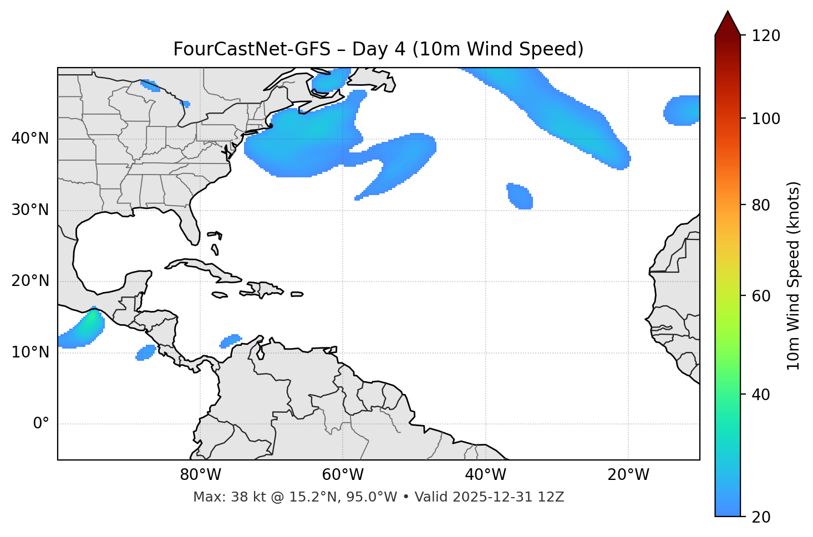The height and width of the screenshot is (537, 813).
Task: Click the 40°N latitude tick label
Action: (x=30, y=139)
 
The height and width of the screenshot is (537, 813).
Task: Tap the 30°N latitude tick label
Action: (x=30, y=210)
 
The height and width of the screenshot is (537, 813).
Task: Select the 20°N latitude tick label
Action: (x=30, y=281)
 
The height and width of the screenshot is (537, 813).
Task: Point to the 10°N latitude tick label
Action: (x=30, y=352)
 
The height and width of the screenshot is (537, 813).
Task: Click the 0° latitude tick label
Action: (x=40, y=424)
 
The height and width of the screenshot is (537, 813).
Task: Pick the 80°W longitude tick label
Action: (x=200, y=475)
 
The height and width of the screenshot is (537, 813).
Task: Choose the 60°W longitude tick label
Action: (x=343, y=475)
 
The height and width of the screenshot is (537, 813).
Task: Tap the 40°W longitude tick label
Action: (x=485, y=475)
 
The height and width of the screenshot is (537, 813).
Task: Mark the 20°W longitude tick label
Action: (x=628, y=475)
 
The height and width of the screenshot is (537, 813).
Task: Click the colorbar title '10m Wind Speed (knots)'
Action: (x=794, y=276)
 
